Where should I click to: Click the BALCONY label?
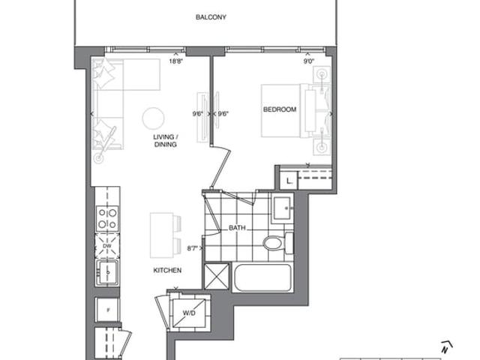(x=211, y=17)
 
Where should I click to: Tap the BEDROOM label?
(x=280, y=109)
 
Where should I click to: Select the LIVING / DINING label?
(x=166, y=140)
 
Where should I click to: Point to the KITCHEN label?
(x=167, y=270)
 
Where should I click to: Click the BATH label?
(x=237, y=228)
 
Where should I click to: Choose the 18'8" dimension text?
(x=176, y=61)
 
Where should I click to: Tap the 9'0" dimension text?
(x=309, y=61)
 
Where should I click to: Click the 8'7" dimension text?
(x=193, y=248)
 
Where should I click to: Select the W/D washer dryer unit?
(x=189, y=312)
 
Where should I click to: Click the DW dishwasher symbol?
(x=107, y=246)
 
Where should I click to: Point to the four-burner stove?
(x=107, y=218)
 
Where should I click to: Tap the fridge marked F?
(x=107, y=310)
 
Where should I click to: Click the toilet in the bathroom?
(x=278, y=243)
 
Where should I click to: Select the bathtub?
(x=263, y=277)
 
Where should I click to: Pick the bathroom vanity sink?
(x=282, y=208)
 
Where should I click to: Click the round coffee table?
(x=153, y=118)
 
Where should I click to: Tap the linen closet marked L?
(x=289, y=181)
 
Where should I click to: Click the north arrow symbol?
(x=446, y=346)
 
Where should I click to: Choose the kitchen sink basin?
(x=107, y=272)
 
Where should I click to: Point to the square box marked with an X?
(x=217, y=277)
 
